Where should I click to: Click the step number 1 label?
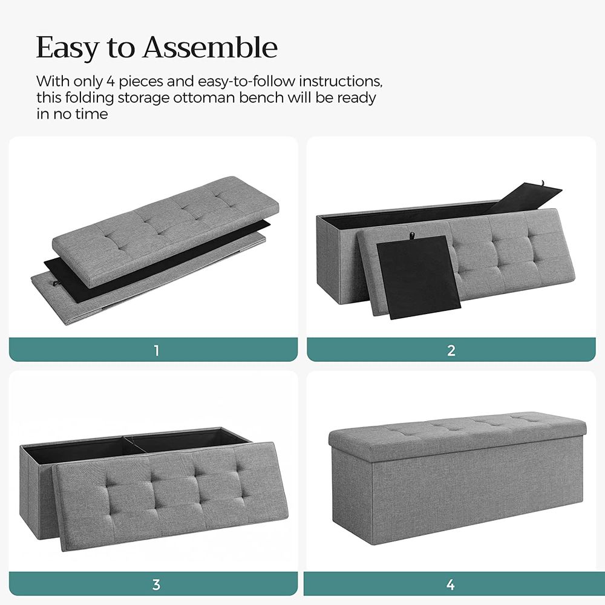pos(156,350)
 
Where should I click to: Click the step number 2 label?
pos(451,350)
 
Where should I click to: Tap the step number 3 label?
pos(156,584)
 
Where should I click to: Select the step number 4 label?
pos(451,584)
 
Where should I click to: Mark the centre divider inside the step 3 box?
pos(133,445)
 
